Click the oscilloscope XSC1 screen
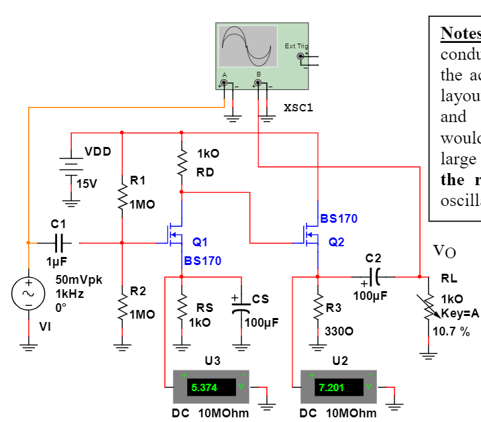point(248,46)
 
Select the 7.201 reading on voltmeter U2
point(331,387)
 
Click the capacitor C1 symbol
point(58,242)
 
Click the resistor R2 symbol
point(121,303)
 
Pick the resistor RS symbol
point(182,307)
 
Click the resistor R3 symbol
point(317,307)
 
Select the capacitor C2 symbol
point(373,276)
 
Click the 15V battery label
point(87,184)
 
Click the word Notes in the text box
point(460,33)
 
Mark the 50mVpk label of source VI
point(78,280)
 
